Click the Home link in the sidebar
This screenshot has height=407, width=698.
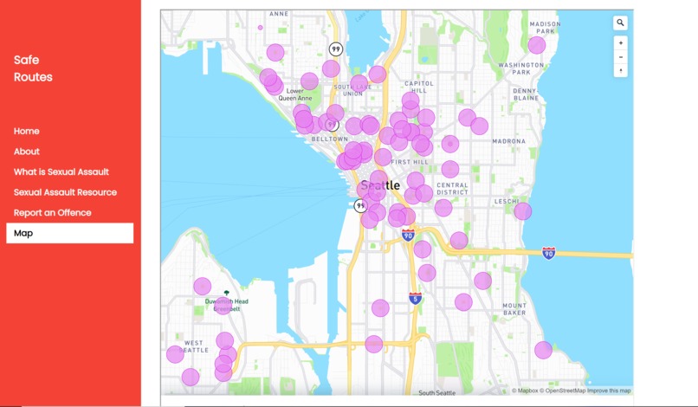[x=27, y=132]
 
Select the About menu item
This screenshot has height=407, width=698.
[x=27, y=152]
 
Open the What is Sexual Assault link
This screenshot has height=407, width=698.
[x=61, y=172]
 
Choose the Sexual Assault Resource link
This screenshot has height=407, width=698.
[x=65, y=192]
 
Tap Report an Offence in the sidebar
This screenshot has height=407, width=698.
[x=52, y=213]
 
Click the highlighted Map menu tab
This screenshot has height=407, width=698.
[x=69, y=233]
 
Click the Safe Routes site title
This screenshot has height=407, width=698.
[x=33, y=68]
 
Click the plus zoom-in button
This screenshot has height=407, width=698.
[x=621, y=42]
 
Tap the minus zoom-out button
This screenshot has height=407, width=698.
[x=621, y=57]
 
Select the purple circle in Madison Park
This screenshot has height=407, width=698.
[x=537, y=45]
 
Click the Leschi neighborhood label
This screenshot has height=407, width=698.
[x=507, y=201]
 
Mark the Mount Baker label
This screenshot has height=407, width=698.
[x=514, y=309]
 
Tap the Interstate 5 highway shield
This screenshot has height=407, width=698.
[x=416, y=299]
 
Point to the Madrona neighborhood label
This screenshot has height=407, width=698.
[x=508, y=140]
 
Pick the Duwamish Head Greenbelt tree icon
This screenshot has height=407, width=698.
[x=227, y=294]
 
